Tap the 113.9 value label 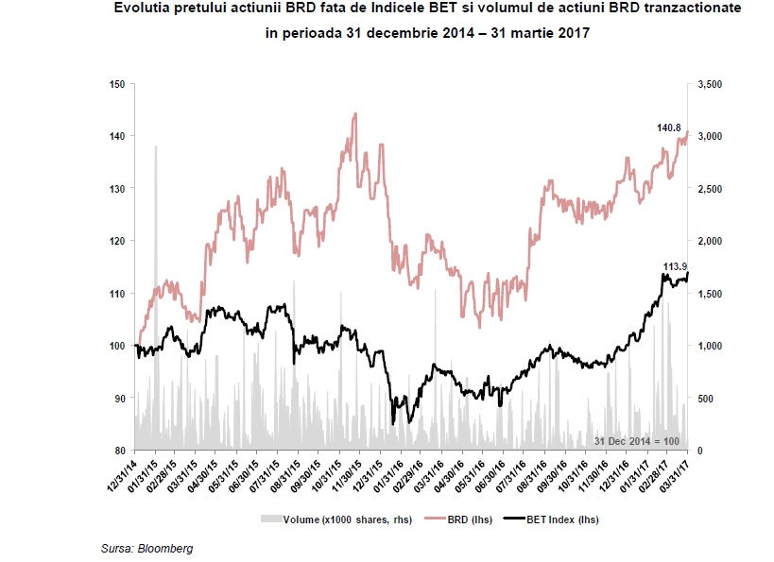pos(675,266)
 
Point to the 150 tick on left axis pos(118,84)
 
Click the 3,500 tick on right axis pos(710,84)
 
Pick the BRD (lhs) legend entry pos(450,519)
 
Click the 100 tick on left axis pos(118,346)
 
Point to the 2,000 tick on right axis pos(710,241)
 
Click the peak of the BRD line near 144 pos(354,114)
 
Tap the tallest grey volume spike pos(156,148)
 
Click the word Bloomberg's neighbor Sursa pos(117,548)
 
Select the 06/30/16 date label pos(491,473)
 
